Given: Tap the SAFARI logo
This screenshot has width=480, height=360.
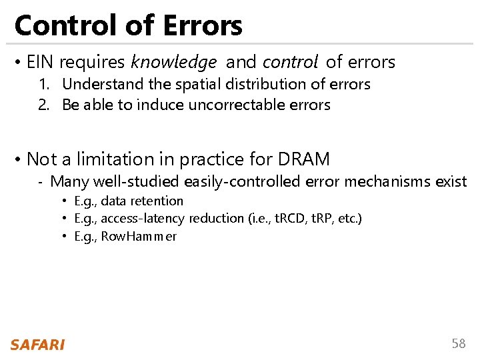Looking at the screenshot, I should click(x=37, y=344).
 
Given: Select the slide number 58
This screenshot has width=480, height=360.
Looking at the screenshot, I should click(x=459, y=343).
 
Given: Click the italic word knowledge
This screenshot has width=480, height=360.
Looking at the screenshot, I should click(x=173, y=63).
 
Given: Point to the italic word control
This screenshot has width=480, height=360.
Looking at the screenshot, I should click(x=290, y=63).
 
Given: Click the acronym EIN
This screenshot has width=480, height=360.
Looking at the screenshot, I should click(x=41, y=63).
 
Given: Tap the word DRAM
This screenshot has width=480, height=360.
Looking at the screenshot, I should click(x=303, y=159).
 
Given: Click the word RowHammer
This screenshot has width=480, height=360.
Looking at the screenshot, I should click(x=139, y=236).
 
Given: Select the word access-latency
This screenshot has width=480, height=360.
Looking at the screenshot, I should click(x=143, y=218).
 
